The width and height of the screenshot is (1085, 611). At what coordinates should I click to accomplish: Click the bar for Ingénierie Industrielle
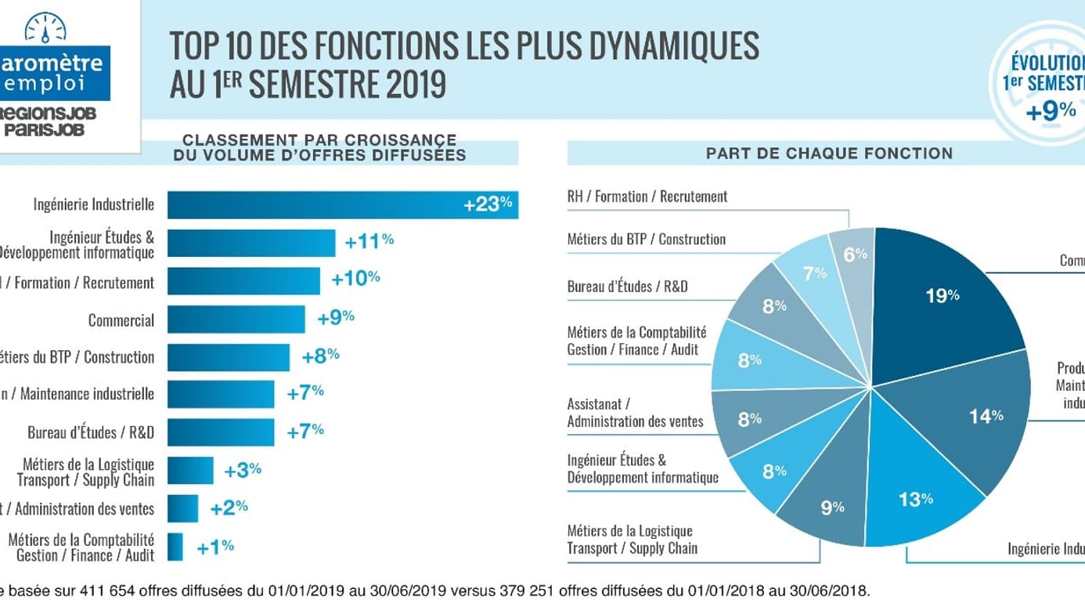pos(342,205)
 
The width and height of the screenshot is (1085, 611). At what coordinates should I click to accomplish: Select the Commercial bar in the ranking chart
pos(236,320)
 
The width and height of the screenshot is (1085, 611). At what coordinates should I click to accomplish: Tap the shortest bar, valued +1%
pos(175,547)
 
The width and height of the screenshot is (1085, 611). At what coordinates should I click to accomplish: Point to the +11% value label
pos(369,242)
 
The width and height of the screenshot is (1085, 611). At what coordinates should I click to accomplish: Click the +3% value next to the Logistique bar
pos(243,471)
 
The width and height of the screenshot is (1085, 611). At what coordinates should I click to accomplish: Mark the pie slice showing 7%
pos(814,273)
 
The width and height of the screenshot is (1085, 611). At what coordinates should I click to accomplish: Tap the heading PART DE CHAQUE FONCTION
pos(829,154)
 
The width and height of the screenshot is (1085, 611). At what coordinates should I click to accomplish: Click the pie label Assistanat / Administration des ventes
pos(635,413)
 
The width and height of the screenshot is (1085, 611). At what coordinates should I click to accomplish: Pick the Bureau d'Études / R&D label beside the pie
pos(628,287)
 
